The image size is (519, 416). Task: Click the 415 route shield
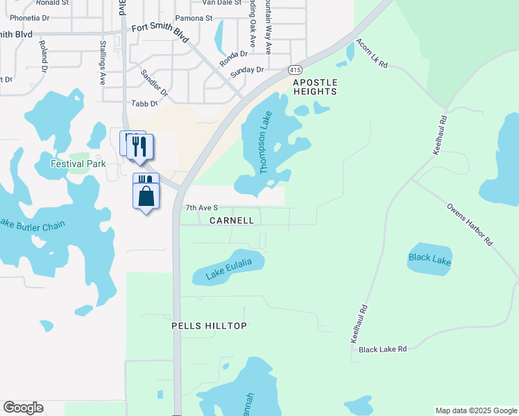click(x=296, y=70)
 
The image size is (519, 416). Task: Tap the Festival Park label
click(x=78, y=164)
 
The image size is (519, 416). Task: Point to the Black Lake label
click(x=429, y=261)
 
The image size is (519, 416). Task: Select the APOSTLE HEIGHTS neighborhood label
click(x=315, y=87)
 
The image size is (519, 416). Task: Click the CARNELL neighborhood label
click(x=231, y=220)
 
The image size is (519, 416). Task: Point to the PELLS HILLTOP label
click(x=209, y=325)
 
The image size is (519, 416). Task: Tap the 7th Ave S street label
click(x=202, y=208)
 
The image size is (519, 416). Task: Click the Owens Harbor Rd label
click(x=470, y=225)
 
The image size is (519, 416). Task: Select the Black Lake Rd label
click(x=382, y=349)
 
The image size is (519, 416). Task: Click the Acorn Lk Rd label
click(x=371, y=53)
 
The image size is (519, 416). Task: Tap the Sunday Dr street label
click(x=247, y=70)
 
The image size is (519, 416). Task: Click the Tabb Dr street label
click(x=140, y=103)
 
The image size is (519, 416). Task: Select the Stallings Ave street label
click(x=103, y=62)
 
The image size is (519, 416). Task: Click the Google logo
click(x=23, y=408)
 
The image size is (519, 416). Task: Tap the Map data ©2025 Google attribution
click(x=475, y=410)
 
